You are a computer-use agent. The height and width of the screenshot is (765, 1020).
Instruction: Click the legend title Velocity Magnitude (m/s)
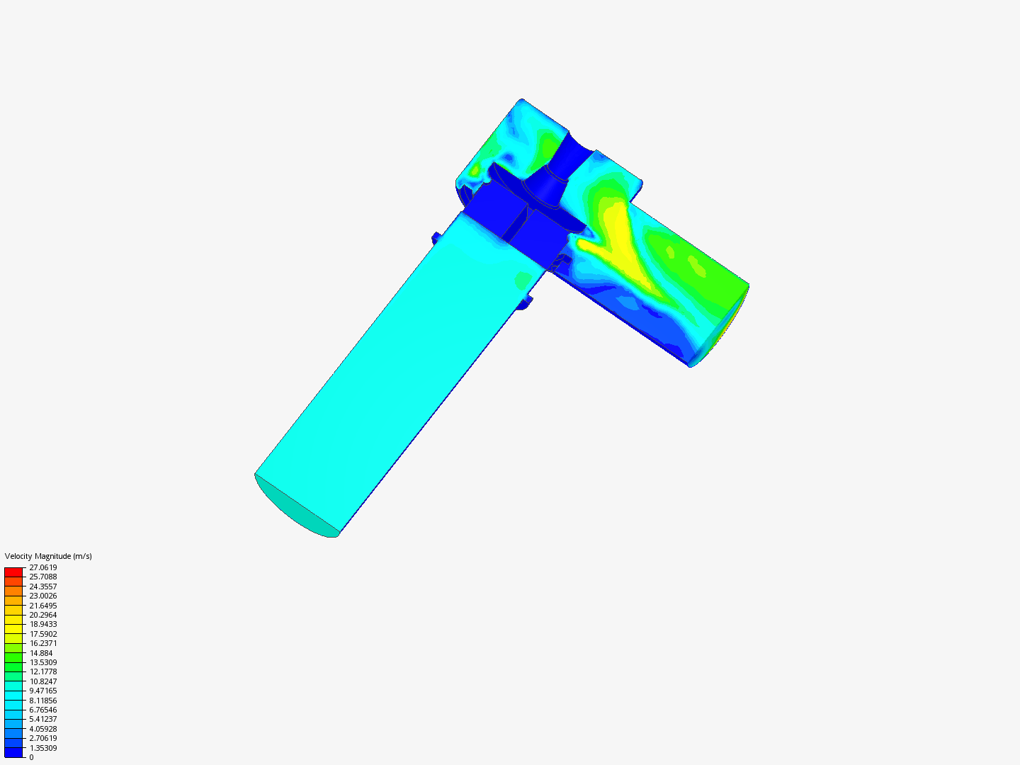(x=48, y=556)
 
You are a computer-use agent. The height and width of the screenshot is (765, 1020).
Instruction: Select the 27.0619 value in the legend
(x=42, y=567)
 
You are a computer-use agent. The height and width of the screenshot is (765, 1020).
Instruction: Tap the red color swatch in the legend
(x=13, y=572)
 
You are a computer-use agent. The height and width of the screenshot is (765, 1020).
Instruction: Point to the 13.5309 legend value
(x=42, y=662)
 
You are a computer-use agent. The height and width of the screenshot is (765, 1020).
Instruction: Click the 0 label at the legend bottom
(x=31, y=757)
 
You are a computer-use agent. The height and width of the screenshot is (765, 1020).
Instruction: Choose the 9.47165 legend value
(x=42, y=691)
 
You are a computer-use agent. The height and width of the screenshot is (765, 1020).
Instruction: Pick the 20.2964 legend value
(x=42, y=615)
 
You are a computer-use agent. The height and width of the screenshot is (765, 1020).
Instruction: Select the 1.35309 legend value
(x=42, y=748)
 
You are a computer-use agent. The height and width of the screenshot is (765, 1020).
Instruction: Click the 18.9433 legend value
(x=42, y=624)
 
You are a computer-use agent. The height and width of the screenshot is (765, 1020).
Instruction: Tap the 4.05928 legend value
(x=42, y=729)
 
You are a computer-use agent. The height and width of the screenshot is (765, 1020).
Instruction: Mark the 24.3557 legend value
(x=42, y=586)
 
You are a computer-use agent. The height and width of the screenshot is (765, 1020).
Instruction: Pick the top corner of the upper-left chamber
(x=522, y=101)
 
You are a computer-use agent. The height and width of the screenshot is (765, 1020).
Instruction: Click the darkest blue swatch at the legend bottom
(x=13, y=752)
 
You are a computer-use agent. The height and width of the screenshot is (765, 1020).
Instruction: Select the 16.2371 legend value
(x=42, y=643)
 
